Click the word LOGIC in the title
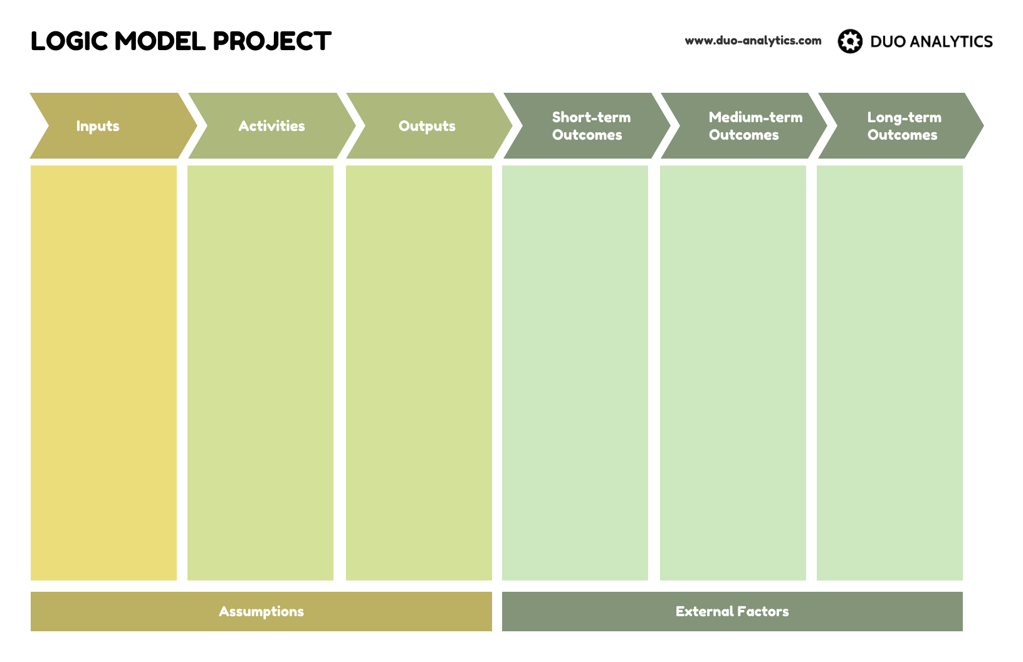click(x=69, y=42)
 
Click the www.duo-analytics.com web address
click(x=753, y=41)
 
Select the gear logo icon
click(x=850, y=41)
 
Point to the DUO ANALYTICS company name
click(x=931, y=42)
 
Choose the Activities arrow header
click(x=271, y=126)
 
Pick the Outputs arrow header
click(x=428, y=126)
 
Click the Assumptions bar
click(x=261, y=611)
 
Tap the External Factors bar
click(x=732, y=611)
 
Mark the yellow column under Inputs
click(x=103, y=372)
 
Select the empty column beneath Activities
click(x=260, y=372)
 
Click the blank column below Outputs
click(x=419, y=372)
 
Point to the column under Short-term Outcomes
click(x=575, y=372)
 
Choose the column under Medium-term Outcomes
click(x=733, y=372)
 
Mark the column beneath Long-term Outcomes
click(x=889, y=372)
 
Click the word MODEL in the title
click(x=160, y=42)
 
